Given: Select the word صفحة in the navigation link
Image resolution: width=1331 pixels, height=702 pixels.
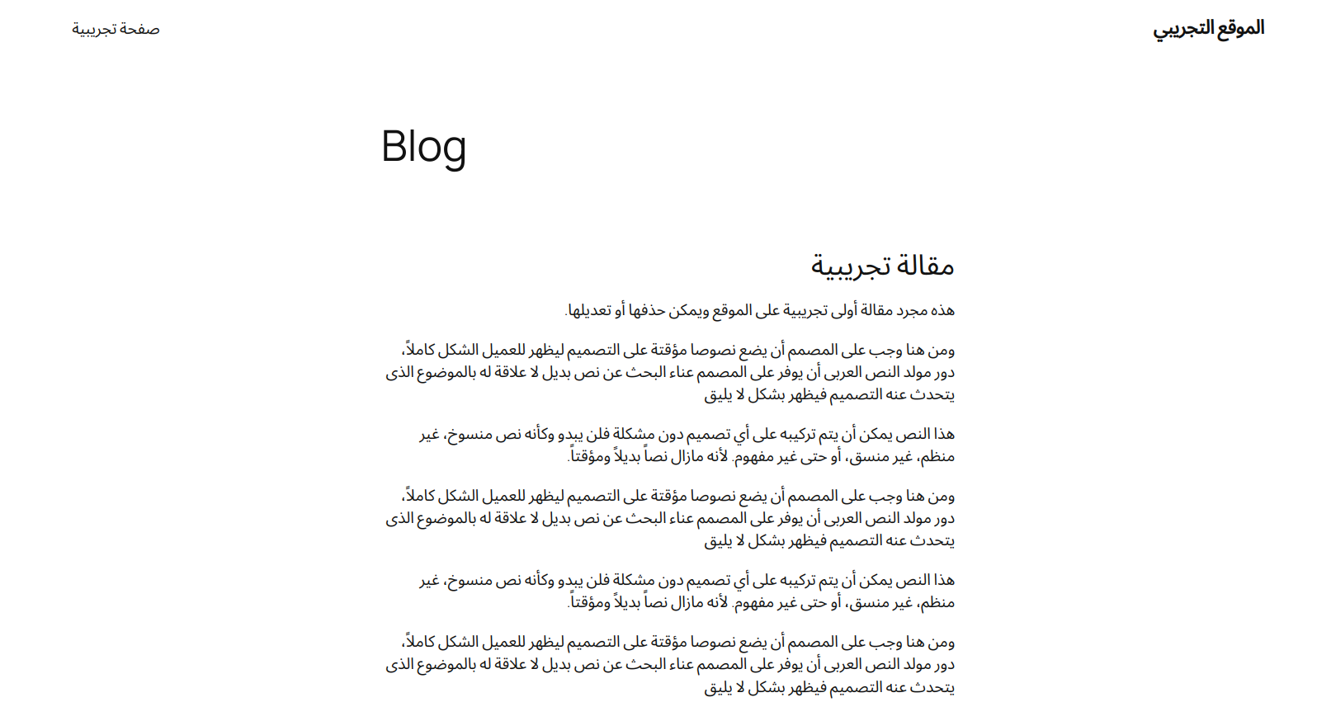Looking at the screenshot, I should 139,29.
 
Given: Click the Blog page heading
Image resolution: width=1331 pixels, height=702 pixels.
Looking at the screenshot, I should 423,147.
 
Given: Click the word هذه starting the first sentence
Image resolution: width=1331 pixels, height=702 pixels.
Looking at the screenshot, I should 942,310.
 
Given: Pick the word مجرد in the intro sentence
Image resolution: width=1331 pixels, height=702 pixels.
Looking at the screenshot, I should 912,310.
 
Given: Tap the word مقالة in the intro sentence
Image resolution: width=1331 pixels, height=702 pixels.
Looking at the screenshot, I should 876,310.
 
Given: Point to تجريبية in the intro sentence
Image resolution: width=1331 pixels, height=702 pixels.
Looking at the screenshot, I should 805,310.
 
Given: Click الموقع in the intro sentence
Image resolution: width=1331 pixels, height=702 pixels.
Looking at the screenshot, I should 732,310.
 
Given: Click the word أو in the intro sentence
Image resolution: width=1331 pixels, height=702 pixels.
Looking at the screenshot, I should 620,310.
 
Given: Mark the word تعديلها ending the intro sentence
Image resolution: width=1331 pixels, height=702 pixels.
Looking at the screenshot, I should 590,310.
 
